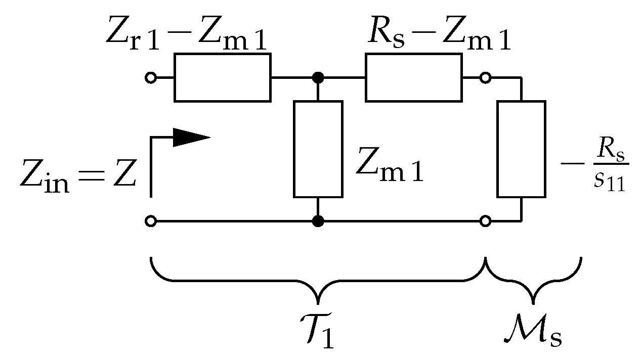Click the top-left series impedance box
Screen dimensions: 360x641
click(x=222, y=78)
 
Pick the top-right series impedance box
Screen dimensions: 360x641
click(x=413, y=78)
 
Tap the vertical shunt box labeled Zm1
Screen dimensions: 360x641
click(x=318, y=149)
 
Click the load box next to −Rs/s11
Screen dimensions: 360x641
click(x=521, y=149)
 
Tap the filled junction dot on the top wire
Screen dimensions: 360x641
click(x=318, y=78)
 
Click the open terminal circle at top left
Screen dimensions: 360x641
click(x=150, y=78)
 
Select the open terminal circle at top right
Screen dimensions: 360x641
click(x=485, y=78)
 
